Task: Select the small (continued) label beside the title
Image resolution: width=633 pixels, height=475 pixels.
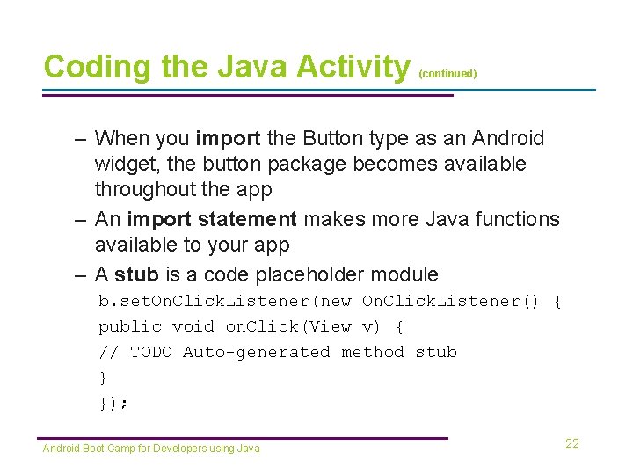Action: pyautogui.click(x=447, y=75)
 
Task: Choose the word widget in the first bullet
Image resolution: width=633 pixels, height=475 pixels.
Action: pyautogui.click(x=124, y=164)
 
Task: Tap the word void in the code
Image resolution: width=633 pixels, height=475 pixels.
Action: pyautogui.click(x=193, y=326)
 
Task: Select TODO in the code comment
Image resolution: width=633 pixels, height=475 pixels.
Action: pyautogui.click(x=151, y=352)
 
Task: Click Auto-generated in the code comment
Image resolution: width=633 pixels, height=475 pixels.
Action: pyautogui.click(x=257, y=352)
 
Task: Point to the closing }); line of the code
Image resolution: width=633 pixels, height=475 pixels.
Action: pyautogui.click(x=113, y=403)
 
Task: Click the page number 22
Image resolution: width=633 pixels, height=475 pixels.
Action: pyautogui.click(x=572, y=443)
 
